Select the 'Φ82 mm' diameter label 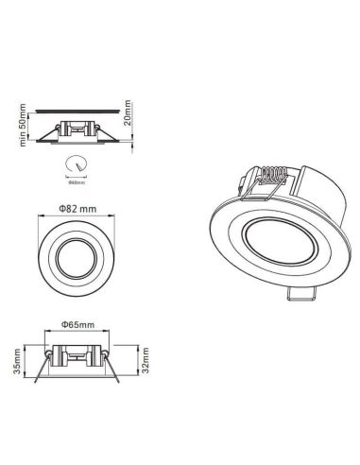(78, 206)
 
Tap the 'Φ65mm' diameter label (78, 324)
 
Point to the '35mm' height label (20, 361)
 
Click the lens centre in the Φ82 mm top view (78, 256)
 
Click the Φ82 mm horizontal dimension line (78, 215)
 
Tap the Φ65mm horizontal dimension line (78, 333)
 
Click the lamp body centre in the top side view (77, 129)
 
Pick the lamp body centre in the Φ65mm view (78, 360)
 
